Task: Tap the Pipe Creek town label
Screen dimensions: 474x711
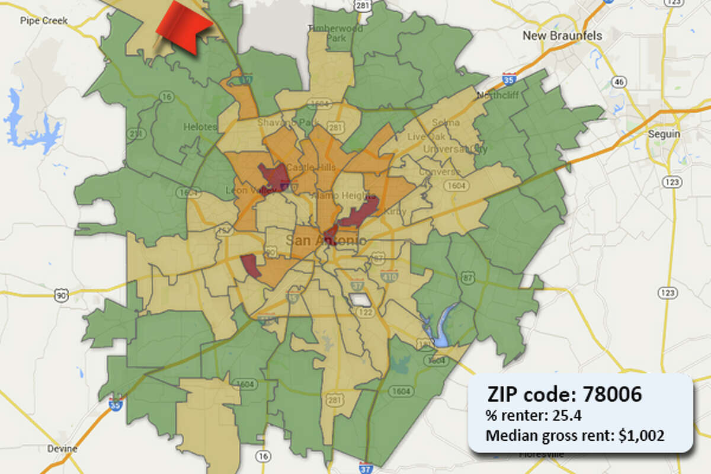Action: [x=44, y=21]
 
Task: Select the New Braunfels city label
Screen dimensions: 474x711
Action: [x=562, y=36]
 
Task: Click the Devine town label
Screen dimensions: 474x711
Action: [x=62, y=449]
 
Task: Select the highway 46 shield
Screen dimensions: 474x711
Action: [x=619, y=81]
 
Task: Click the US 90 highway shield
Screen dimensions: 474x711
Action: [x=60, y=294]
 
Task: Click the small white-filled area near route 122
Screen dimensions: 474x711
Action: [x=359, y=300]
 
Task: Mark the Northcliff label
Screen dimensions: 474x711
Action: [x=494, y=95]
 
